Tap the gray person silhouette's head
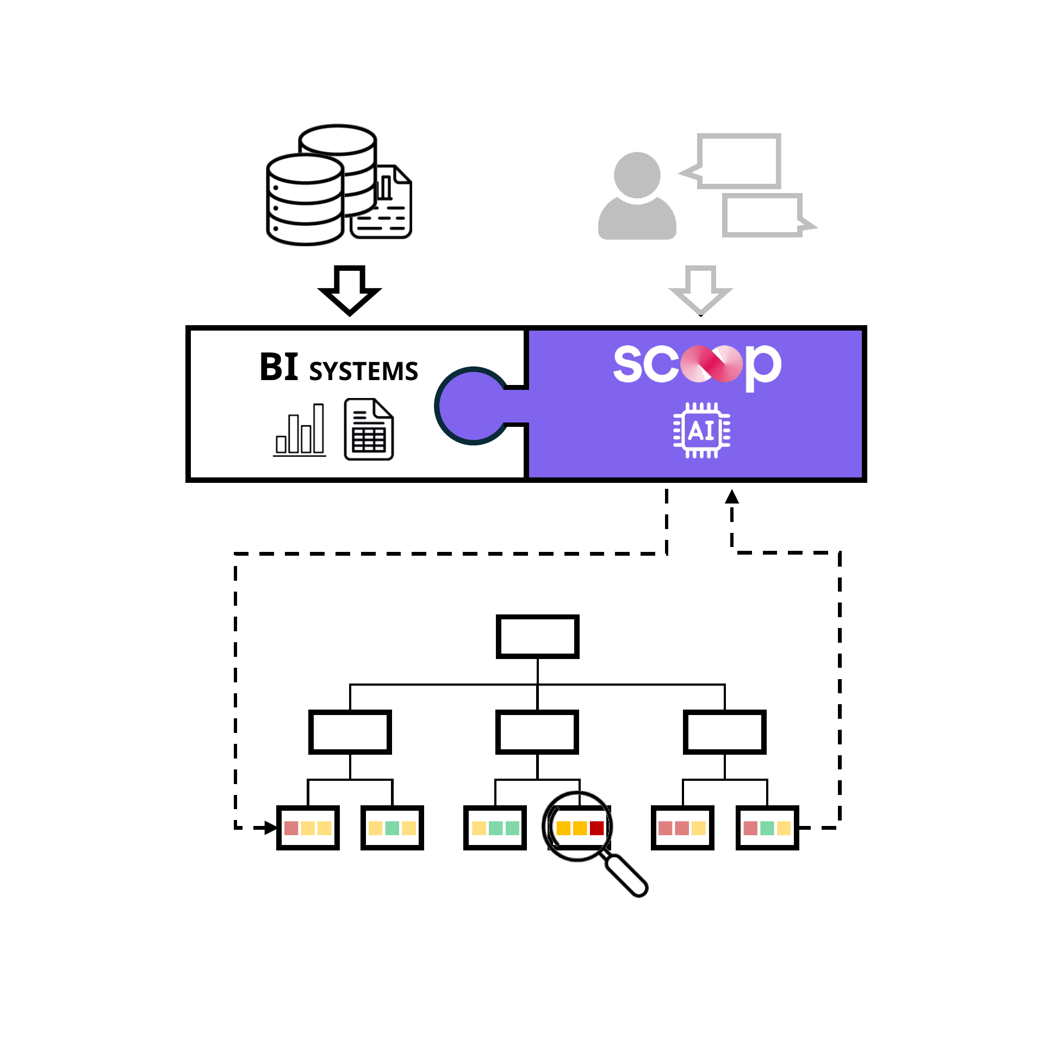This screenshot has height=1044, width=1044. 637,175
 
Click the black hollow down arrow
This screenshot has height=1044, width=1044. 350,290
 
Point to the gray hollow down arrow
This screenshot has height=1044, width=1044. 701,290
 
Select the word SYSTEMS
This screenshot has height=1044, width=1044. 363,371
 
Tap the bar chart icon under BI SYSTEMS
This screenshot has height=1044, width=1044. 300,430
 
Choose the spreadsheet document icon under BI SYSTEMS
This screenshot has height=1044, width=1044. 369,430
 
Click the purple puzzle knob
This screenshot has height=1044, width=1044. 471,406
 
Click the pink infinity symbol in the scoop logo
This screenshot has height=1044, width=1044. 712,364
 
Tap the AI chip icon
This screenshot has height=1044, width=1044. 702,430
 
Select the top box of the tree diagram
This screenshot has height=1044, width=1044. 537,637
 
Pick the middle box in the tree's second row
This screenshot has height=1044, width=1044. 537,732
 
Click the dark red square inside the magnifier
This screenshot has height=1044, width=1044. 596,828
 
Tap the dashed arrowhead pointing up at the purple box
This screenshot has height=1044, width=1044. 732,496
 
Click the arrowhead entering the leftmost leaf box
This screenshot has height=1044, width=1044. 271,828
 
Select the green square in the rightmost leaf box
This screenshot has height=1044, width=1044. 767,828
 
